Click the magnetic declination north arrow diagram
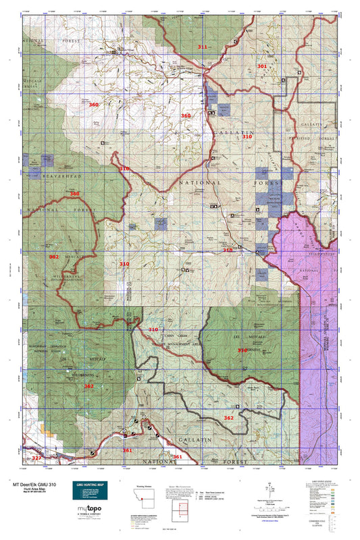(x=272, y=487)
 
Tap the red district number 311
(x=203, y=47)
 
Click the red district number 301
(x=262, y=66)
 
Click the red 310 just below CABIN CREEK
(x=154, y=330)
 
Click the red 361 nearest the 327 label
(x=127, y=450)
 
